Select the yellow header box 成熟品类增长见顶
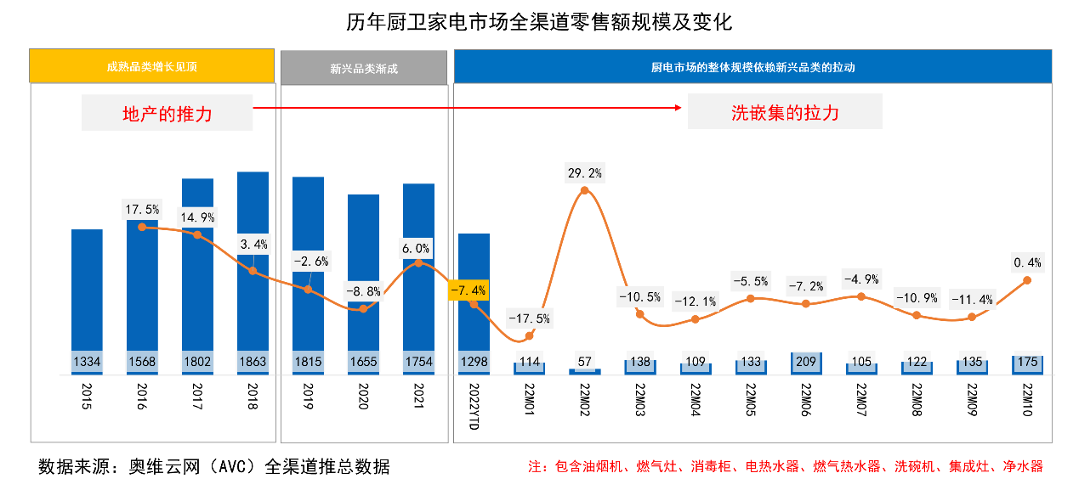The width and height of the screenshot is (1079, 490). [x=151, y=66]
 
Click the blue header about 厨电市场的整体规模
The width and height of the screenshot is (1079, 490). [x=752, y=66]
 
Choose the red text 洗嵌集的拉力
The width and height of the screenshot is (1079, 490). [x=784, y=112]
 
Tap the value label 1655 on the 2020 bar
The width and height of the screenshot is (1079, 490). [x=363, y=362]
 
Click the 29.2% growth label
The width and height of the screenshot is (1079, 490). [x=584, y=173]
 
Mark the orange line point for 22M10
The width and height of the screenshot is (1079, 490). [x=1027, y=279]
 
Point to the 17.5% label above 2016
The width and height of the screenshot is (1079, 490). [x=142, y=209]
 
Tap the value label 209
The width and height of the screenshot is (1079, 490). [x=805, y=362]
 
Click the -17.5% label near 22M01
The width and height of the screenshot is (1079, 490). [x=529, y=319]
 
